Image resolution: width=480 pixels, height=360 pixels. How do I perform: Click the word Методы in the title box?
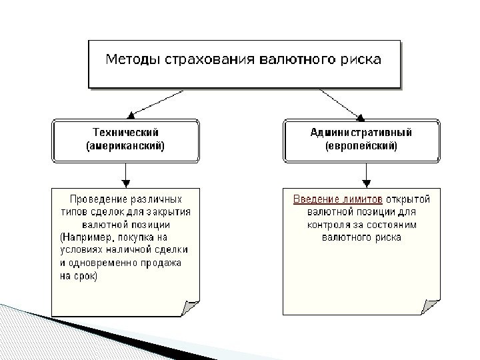point(132,60)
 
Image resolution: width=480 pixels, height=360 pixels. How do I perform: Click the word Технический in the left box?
point(125,132)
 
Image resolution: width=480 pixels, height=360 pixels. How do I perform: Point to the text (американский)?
point(125,145)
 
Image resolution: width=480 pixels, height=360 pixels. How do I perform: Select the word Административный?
point(361,132)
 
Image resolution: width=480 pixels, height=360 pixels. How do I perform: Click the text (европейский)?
point(361,145)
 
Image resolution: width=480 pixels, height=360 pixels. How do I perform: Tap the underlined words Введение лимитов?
point(339,199)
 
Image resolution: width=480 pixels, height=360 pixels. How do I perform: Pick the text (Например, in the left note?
point(87,237)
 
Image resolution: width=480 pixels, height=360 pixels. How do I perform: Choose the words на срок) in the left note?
point(78,275)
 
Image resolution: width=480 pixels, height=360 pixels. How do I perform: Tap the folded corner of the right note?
point(431,307)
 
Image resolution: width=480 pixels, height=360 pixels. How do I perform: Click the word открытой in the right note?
point(408,199)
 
